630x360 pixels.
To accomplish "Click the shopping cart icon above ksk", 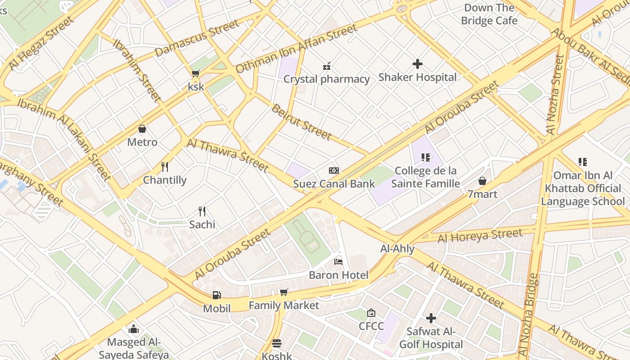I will pyautogui.click(x=195, y=73).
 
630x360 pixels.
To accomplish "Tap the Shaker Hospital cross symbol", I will pyautogui.click(x=418, y=64).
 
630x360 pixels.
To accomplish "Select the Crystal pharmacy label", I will pyautogui.click(x=327, y=79).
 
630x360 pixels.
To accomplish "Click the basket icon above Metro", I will pyautogui.click(x=142, y=129).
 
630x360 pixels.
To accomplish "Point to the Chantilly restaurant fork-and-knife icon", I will pyautogui.click(x=165, y=167).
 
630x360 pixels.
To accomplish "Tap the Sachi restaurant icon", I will pyautogui.click(x=202, y=211).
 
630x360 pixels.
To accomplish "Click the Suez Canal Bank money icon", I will pyautogui.click(x=334, y=171).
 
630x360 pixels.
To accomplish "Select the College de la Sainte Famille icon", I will pyautogui.click(x=426, y=157).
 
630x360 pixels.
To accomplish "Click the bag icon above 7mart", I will pyautogui.click(x=482, y=181).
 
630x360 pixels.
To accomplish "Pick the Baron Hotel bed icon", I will pyautogui.click(x=338, y=262).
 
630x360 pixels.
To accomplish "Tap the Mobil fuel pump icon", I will pyautogui.click(x=217, y=295).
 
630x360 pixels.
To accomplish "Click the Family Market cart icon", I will pyautogui.click(x=284, y=292).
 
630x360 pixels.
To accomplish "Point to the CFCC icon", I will pyautogui.click(x=371, y=313).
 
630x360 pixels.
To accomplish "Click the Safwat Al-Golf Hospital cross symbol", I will pyautogui.click(x=431, y=318).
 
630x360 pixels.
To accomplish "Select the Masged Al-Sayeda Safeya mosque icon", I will pyautogui.click(x=134, y=329).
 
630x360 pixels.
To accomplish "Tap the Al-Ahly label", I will pyautogui.click(x=397, y=248).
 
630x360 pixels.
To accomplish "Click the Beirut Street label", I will pyautogui.click(x=301, y=122).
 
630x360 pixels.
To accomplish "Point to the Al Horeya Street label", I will pyautogui.click(x=480, y=235).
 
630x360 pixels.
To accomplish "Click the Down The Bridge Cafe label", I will pyautogui.click(x=489, y=14).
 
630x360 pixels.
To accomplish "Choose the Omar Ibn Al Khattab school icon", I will pyautogui.click(x=583, y=162).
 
